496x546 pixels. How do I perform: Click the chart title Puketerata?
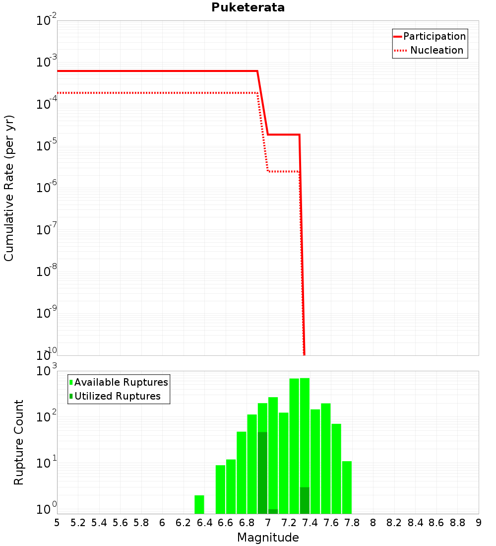248,7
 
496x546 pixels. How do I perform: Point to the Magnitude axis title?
268,538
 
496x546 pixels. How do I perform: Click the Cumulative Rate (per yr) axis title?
9,188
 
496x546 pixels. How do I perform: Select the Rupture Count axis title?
19,442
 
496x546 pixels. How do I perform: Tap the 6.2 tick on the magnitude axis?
183,523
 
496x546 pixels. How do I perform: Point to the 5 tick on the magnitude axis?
57,523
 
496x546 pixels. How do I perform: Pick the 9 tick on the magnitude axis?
479,523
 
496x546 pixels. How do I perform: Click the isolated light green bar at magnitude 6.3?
199,504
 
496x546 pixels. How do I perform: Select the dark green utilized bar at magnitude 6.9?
262,472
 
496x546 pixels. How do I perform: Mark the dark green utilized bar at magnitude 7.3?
305,500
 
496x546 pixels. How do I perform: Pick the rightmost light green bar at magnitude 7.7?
347,487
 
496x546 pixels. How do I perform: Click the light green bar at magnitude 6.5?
220,489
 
